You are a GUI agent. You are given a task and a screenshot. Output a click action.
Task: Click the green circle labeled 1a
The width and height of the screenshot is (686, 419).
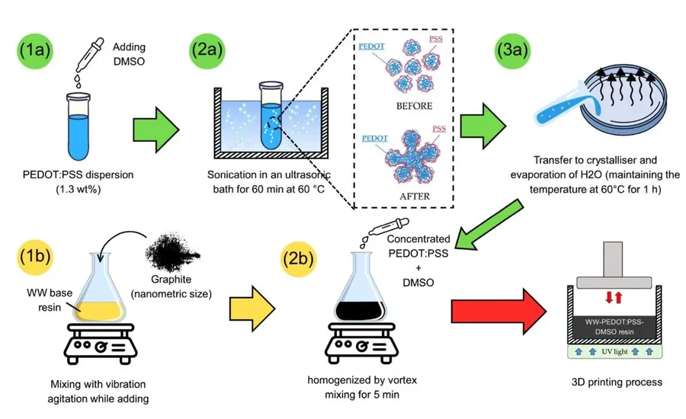coord(35,50)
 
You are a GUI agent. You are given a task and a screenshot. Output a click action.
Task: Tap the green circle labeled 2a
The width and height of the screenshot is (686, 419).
coord(207,50)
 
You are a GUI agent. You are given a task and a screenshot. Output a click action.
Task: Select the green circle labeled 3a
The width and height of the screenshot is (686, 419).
coord(512,50)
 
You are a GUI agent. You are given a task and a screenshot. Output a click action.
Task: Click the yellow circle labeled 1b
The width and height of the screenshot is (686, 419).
coord(35,256)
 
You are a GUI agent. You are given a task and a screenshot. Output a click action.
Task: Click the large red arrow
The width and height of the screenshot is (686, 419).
coord(498,312)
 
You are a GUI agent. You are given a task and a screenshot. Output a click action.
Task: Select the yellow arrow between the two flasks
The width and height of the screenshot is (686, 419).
coord(252,309)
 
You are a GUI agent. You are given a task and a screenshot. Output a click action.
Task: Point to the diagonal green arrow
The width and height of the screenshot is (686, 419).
coord(489,226)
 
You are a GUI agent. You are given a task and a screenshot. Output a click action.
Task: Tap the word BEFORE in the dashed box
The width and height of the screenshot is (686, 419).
coord(415,106)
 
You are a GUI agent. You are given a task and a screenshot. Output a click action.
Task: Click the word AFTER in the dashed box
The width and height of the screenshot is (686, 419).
coord(415,197)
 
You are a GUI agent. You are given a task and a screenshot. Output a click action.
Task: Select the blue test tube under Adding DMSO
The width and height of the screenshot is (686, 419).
coord(79,126)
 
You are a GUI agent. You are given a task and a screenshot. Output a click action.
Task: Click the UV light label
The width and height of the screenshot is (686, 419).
coord(614,352)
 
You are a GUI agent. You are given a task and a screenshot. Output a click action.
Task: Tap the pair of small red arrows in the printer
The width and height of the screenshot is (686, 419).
coord(614,297)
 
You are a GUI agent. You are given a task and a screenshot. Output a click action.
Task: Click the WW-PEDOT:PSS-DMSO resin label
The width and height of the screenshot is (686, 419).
coord(614,327)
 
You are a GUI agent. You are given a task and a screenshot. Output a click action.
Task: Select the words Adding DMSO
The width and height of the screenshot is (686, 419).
coord(129,54)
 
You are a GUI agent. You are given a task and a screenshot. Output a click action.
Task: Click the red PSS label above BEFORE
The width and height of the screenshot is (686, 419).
coord(436,39)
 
